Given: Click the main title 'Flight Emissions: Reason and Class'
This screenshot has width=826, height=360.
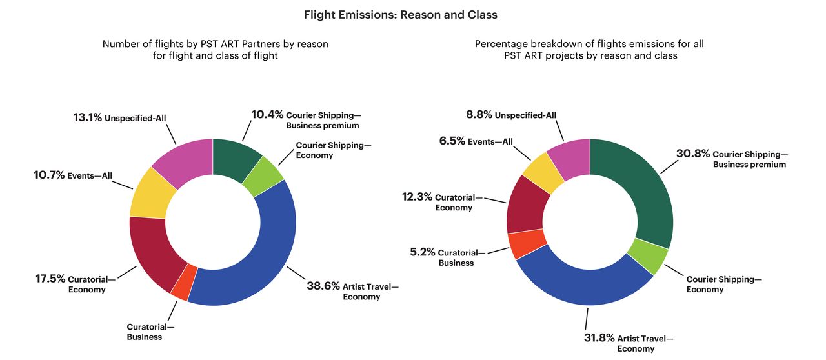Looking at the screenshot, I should click(400, 14).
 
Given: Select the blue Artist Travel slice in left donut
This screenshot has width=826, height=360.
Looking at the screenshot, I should click(258, 271).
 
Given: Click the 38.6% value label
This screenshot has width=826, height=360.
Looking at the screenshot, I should click(323, 286).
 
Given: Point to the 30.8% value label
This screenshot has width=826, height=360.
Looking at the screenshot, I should click(693, 154).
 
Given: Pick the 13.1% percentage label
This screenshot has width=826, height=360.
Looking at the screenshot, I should click(88, 117).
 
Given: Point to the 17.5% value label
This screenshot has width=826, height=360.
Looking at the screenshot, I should click(50, 279).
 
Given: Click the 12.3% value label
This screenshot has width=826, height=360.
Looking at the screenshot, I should click(417, 197).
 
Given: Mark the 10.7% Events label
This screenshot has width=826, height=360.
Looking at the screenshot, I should click(50, 174).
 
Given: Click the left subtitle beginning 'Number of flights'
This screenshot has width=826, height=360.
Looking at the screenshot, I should click(216, 50).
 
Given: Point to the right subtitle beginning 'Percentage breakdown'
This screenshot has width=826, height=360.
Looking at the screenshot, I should click(590, 50).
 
